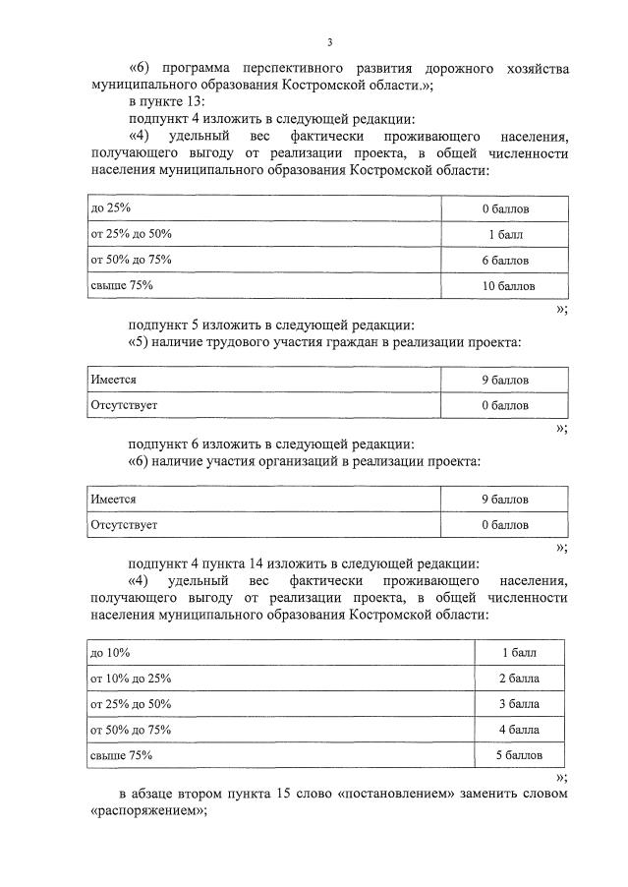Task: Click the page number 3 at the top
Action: [330, 41]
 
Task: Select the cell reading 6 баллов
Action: [505, 261]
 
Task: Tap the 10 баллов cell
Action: [505, 286]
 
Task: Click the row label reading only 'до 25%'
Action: [110, 209]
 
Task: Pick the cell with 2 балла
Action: [519, 679]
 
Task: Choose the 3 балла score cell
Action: [519, 704]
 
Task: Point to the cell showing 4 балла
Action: [519, 730]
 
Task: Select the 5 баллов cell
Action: [519, 755]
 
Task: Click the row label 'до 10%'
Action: [110, 653]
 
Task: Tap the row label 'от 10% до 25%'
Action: [131, 679]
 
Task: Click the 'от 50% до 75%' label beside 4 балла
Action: [131, 730]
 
